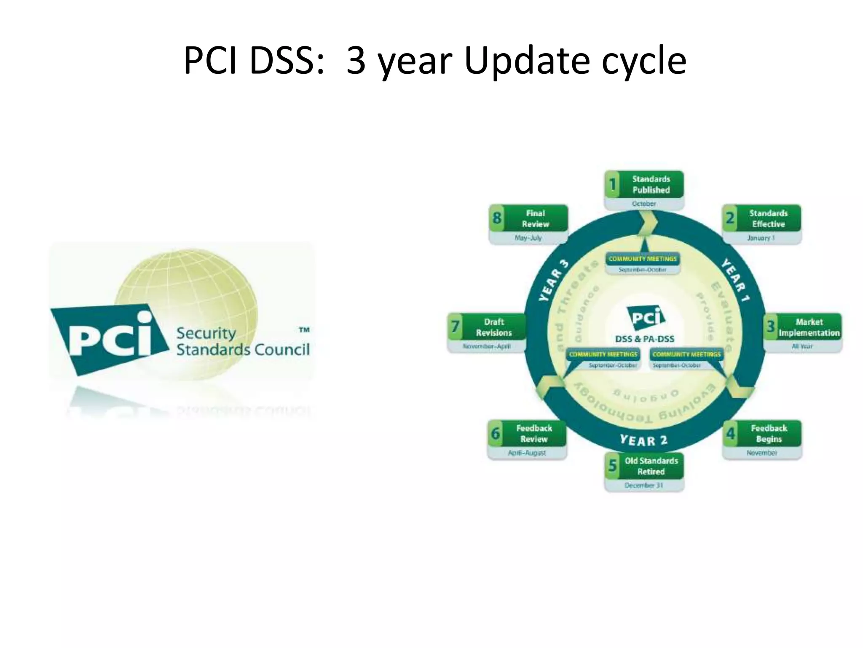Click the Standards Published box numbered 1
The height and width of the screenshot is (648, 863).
[644, 184]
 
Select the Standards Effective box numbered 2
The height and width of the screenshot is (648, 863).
[761, 219]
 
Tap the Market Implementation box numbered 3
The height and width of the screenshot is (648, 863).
[803, 327]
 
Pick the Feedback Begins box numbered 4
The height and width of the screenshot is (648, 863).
[762, 434]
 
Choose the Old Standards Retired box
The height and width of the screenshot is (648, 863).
[644, 466]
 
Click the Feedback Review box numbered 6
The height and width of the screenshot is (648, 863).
[527, 434]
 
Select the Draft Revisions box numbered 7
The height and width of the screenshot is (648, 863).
[487, 327]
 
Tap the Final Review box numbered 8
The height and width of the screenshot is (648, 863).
[528, 219]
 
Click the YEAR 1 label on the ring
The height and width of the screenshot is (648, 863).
[736, 280]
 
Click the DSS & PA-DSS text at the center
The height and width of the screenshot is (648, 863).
[645, 339]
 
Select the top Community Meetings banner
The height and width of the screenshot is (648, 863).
[643, 259]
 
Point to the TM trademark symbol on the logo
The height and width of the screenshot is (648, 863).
[304, 330]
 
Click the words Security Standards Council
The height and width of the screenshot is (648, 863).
[242, 342]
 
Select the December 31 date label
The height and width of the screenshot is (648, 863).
[643, 486]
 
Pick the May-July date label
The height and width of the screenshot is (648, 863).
[528, 238]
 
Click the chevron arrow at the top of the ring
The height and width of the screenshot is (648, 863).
[647, 222]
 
